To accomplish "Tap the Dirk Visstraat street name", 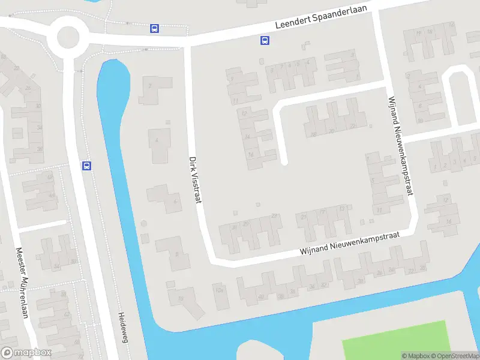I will pos(194,179).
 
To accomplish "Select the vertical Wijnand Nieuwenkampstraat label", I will pos(401,145).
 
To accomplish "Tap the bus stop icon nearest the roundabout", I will pos(154,28).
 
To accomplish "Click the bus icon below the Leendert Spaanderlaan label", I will pos(264,41).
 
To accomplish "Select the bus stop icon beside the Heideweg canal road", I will pos(87,166).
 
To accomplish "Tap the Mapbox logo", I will pos(26,353).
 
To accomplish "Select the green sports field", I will pos(396,340).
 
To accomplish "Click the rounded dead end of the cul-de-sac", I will pos(284,161).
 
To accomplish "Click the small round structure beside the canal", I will pos(143,224).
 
